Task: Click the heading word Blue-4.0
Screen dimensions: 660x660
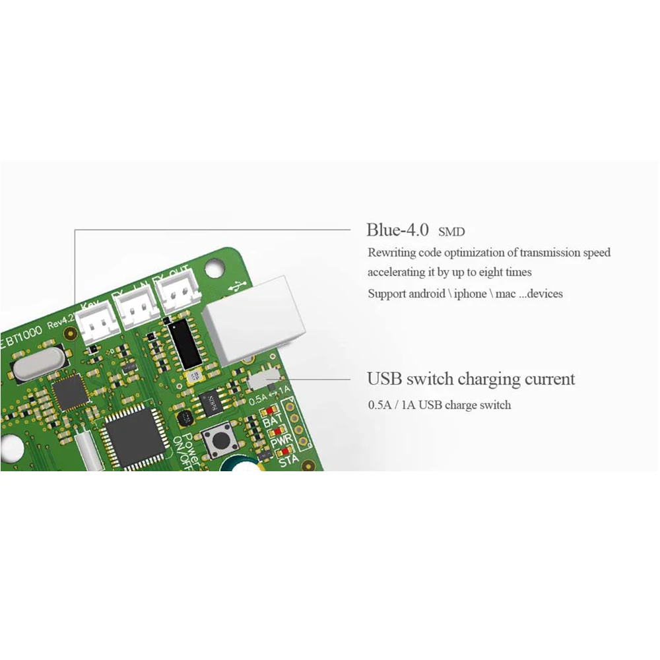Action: (x=398, y=230)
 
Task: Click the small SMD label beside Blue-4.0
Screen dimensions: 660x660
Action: (x=451, y=232)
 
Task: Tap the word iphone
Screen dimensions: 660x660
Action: (x=469, y=294)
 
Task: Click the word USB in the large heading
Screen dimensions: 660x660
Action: (x=384, y=379)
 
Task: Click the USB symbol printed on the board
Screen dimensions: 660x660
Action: (x=234, y=288)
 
